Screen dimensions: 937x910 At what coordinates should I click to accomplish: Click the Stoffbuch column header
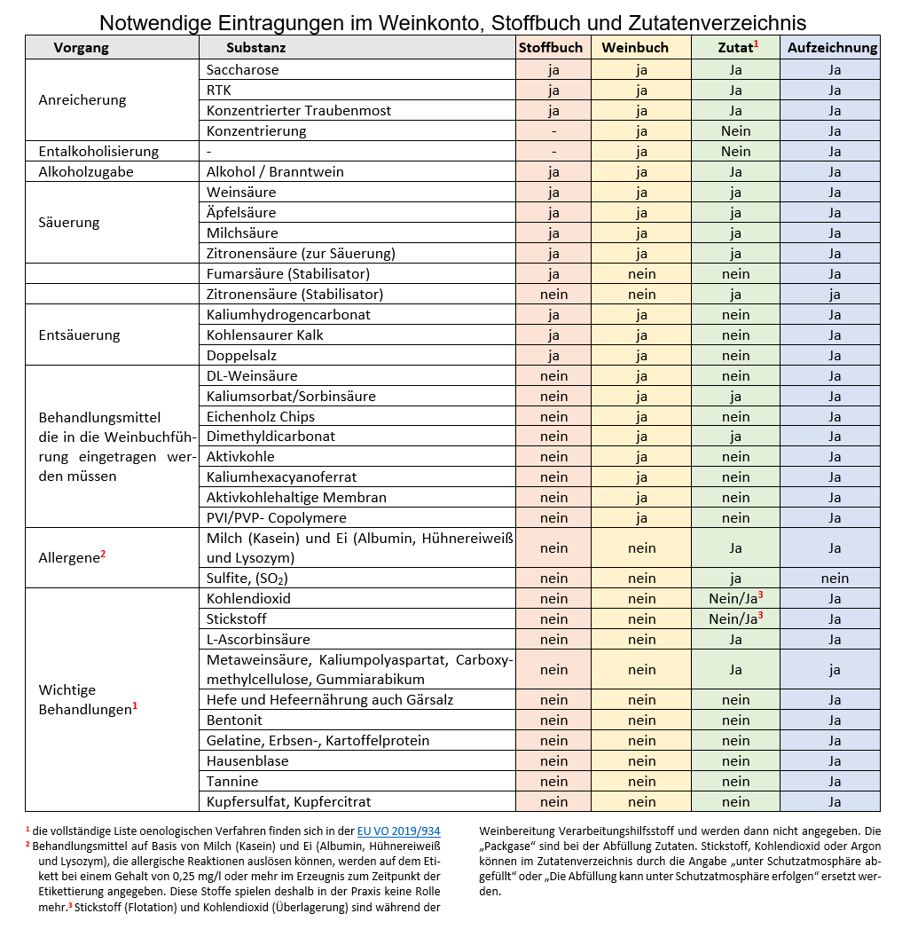click(x=553, y=48)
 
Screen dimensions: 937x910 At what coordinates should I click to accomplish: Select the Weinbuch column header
click(x=641, y=48)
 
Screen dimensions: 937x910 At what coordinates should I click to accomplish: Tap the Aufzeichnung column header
click(x=833, y=48)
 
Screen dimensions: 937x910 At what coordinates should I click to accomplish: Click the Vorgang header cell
click(x=82, y=48)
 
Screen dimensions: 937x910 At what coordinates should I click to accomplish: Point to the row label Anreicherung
click(x=82, y=100)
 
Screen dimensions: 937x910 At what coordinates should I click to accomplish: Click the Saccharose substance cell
click(x=242, y=70)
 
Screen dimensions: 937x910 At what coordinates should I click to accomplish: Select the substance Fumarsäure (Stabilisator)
click(x=288, y=274)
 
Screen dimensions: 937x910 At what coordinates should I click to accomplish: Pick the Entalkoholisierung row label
click(x=98, y=152)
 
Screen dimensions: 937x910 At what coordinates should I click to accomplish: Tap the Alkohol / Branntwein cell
click(x=275, y=172)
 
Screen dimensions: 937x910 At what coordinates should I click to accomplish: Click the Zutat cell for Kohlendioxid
click(x=736, y=598)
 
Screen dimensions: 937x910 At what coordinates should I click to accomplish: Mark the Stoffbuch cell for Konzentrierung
click(x=553, y=131)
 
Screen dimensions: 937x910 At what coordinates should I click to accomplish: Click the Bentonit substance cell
click(x=234, y=720)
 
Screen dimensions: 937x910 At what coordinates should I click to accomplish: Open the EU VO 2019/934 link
click(x=398, y=831)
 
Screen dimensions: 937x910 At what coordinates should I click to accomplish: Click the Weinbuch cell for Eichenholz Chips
click(x=641, y=417)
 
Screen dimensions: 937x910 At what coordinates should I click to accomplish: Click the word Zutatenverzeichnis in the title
click(x=719, y=22)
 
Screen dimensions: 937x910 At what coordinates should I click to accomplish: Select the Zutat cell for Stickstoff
click(x=736, y=618)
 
